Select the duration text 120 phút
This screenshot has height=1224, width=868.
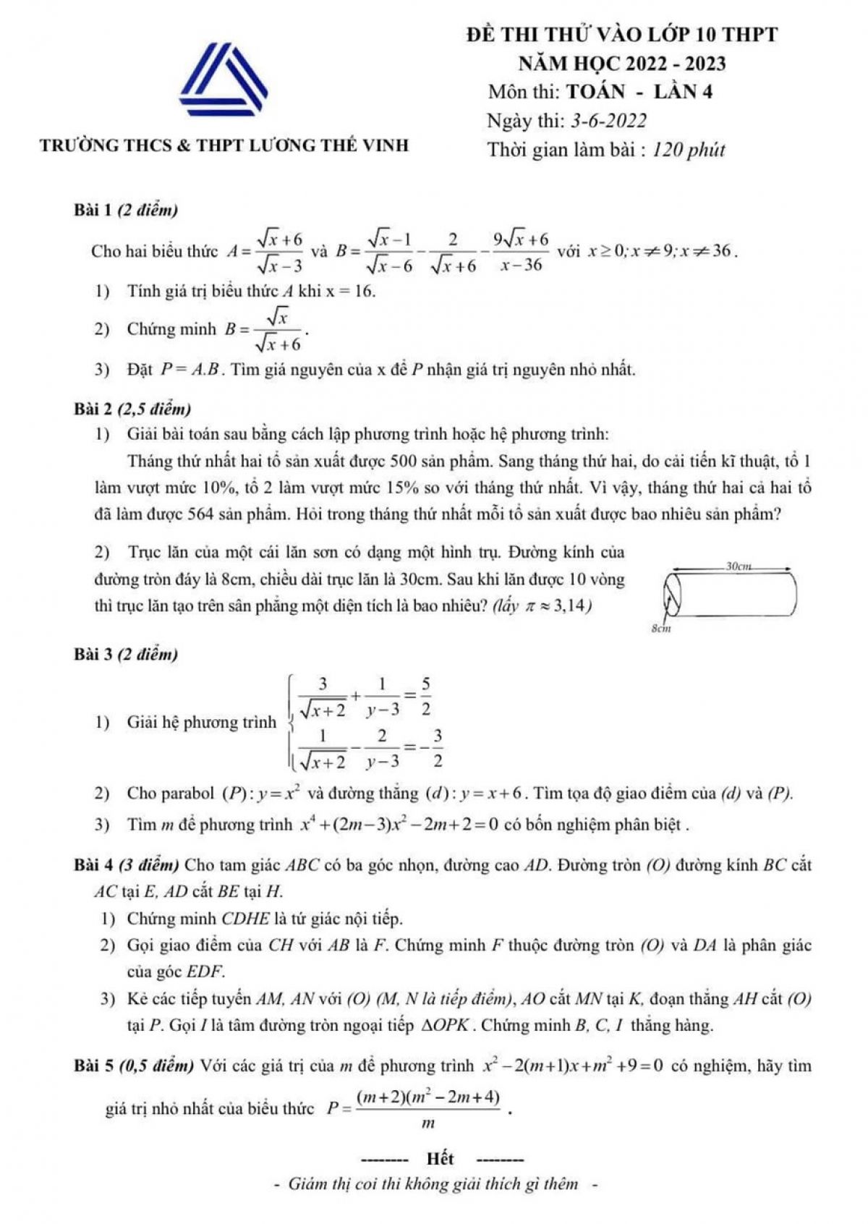pos(688,150)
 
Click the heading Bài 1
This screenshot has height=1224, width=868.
pos(92,211)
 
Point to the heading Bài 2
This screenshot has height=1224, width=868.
pos(92,409)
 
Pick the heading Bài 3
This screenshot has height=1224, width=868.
pos(92,655)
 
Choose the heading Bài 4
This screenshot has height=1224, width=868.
pos(92,865)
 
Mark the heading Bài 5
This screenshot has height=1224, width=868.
pos(92,1066)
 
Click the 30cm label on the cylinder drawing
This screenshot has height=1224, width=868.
pos(739,566)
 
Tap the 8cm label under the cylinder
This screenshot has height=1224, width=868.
pos(661,629)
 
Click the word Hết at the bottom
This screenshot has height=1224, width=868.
pos(440,1159)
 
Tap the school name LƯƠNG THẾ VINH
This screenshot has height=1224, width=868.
pos(329,145)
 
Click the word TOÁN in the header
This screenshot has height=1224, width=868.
pos(595,92)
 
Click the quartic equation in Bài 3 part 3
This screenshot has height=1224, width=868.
pos(399,825)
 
